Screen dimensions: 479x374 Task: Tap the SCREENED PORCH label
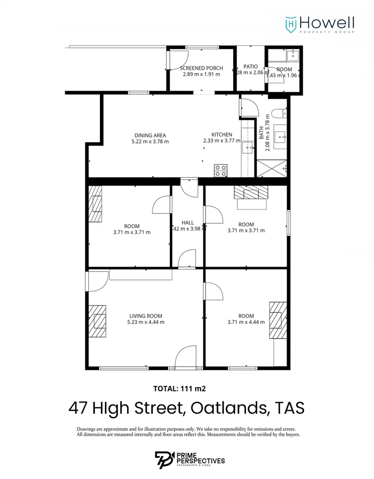(201, 68)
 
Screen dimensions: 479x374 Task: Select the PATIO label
(251, 67)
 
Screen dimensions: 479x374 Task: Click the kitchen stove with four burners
(220, 170)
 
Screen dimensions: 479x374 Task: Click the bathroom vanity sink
(280, 136)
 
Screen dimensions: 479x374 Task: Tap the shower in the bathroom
(272, 168)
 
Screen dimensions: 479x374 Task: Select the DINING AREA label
(150, 135)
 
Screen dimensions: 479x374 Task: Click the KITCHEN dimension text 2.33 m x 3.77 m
(221, 141)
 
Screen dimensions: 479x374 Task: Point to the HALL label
(188, 222)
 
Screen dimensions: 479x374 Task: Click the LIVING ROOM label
(145, 316)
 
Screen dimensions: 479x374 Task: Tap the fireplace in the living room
(98, 321)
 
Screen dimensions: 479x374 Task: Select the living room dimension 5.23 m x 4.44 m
(146, 322)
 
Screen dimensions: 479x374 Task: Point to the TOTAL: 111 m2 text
(179, 388)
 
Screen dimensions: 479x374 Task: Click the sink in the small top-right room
(292, 56)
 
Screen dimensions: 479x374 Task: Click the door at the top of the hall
(189, 187)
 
